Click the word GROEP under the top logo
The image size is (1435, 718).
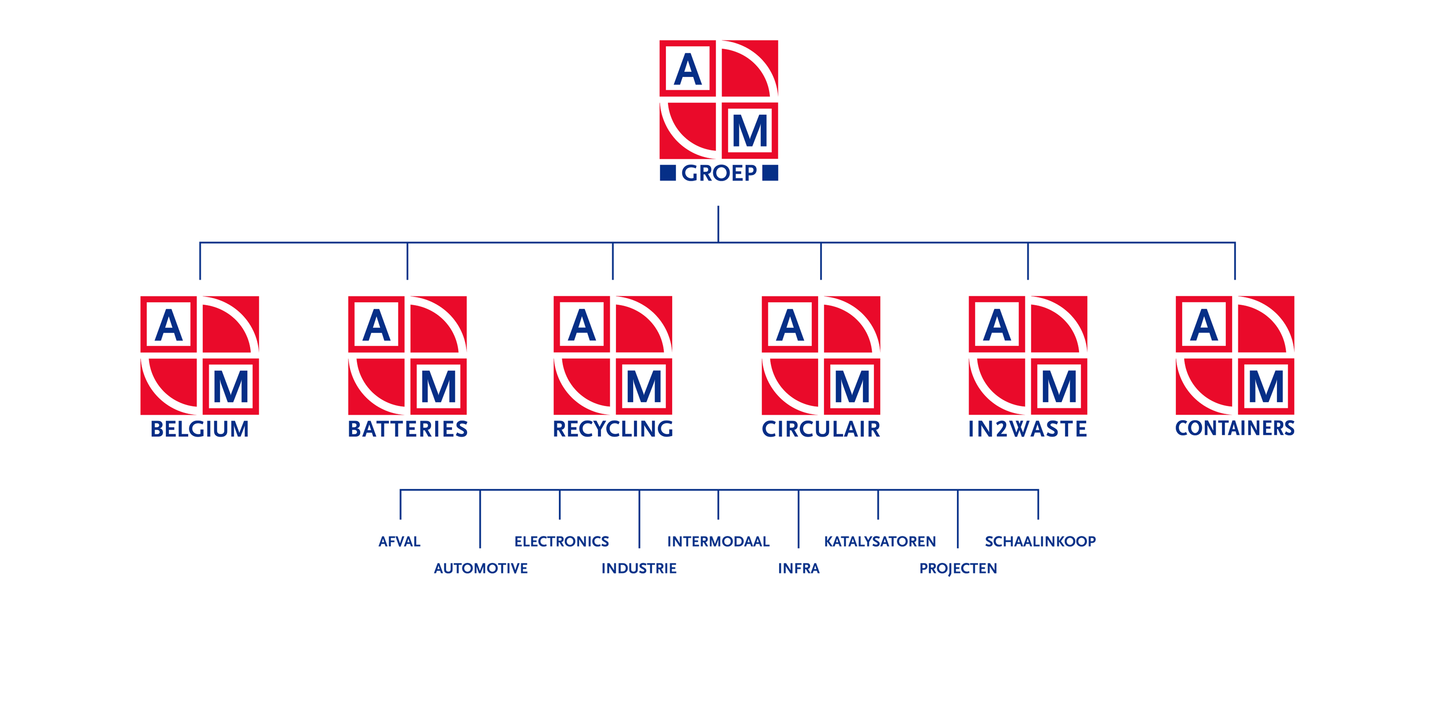719,174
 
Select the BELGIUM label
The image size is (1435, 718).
199,429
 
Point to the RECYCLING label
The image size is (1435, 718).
613,429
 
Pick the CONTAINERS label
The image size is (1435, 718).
1235,428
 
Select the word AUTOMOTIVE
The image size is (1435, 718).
481,568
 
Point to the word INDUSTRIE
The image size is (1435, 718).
639,568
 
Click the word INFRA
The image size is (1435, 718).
799,568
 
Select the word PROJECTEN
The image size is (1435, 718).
958,568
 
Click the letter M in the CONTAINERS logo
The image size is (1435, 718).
1266,387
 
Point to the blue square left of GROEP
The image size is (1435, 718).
667,173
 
